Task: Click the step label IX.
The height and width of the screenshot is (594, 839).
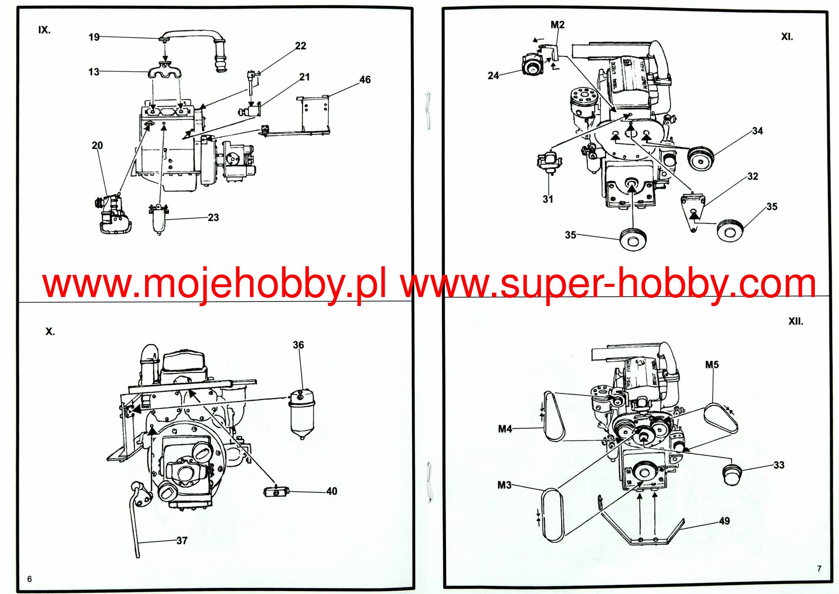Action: pos(44,30)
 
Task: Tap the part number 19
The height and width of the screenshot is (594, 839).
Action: pos(94,37)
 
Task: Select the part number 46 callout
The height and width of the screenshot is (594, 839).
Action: pos(365,79)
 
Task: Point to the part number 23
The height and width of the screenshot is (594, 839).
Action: pos(213,217)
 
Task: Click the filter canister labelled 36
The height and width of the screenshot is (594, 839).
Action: pos(302,414)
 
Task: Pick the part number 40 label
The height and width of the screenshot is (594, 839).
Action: pos(331,491)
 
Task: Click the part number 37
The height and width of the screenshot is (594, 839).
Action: pos(182,540)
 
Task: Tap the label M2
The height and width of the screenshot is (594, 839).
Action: pos(557,25)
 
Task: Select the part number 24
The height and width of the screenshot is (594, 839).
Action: pos(493,75)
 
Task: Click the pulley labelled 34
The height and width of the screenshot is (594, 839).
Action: pos(701,158)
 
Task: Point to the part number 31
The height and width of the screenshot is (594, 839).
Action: pos(548,199)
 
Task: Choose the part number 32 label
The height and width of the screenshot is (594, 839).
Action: pos(753,176)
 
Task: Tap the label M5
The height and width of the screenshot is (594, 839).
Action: pos(712,365)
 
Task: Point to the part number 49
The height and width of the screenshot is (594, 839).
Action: pos(724,521)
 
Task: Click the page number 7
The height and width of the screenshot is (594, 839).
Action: pos(819,569)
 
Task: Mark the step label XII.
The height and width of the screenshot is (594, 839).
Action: pos(796,321)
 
